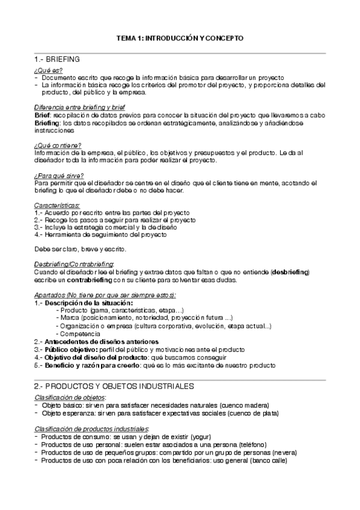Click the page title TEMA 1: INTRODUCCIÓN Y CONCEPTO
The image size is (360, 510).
180,38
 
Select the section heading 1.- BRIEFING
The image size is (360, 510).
58,60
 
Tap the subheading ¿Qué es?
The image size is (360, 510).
48,71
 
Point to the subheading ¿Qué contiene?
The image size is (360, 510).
58,145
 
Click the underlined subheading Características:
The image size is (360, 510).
61,205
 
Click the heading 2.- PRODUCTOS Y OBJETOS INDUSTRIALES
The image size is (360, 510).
114,385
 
